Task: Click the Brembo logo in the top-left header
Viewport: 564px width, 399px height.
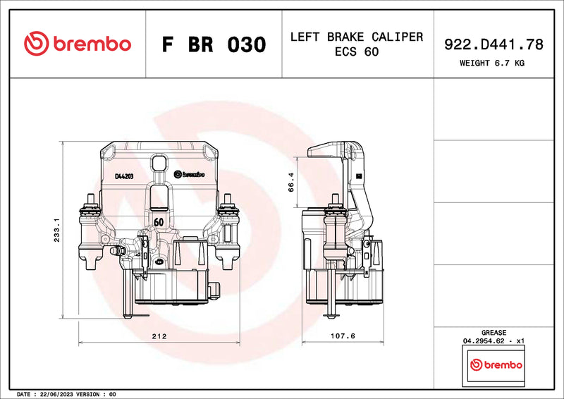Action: click(x=78, y=44)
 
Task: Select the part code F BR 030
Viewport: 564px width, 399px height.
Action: click(x=214, y=44)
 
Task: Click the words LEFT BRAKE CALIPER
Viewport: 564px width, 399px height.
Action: click(x=357, y=37)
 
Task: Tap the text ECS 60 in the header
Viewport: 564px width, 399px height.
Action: click(x=357, y=52)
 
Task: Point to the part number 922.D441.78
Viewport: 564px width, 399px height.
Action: click(x=493, y=44)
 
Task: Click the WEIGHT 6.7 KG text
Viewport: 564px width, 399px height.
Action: click(x=493, y=63)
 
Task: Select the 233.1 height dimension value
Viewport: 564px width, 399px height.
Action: click(x=56, y=229)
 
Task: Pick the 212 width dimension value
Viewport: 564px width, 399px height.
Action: click(x=159, y=336)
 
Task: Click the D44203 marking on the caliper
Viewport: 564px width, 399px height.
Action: click(x=124, y=176)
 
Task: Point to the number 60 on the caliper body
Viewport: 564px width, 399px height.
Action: click(x=159, y=221)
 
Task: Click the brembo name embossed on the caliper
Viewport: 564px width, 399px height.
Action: click(x=188, y=173)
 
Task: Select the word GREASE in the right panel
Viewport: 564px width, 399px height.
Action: click(x=493, y=332)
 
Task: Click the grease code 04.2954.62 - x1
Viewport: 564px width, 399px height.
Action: click(x=493, y=341)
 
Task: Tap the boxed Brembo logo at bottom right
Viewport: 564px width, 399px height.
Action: click(x=496, y=364)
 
